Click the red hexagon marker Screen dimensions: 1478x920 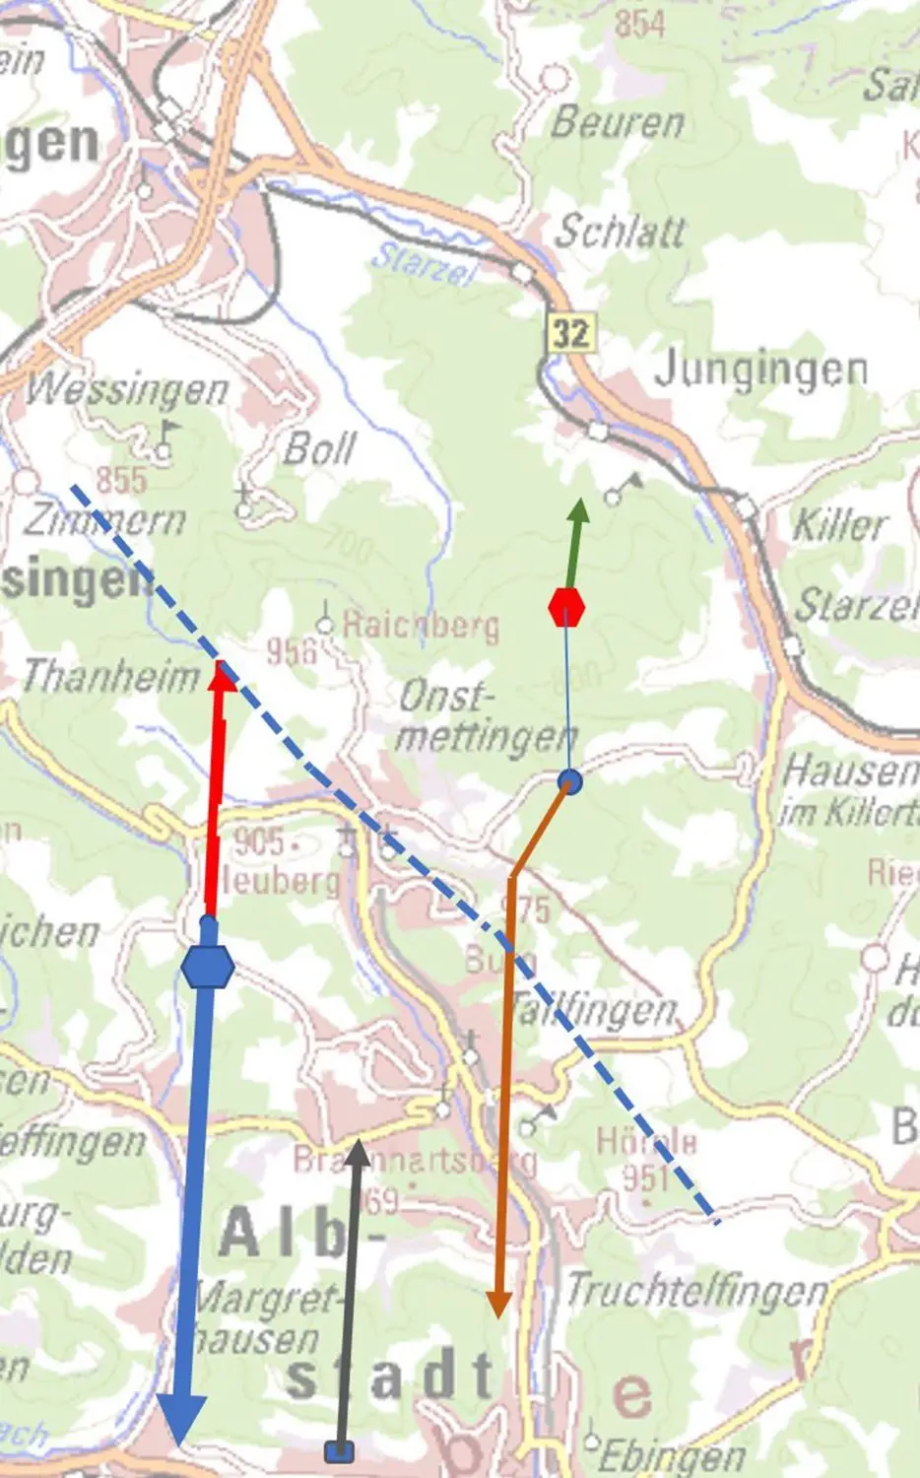[566, 607]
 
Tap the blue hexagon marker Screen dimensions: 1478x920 [208, 967]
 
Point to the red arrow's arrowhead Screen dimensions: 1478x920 [224, 676]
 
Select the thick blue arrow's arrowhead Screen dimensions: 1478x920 [182, 1419]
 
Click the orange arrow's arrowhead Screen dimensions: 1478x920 [498, 1303]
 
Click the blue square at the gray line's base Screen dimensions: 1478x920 [339, 1450]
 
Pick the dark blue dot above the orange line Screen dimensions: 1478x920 [569, 781]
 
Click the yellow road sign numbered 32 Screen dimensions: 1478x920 [570, 332]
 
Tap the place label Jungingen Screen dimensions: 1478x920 [760, 369]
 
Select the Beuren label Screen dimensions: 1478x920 [617, 123]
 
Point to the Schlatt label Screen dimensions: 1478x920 [620, 232]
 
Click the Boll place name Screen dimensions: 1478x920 [318, 449]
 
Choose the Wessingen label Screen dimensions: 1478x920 [127, 390]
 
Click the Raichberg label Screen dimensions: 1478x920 [421, 625]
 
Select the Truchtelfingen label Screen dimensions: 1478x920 [696, 1290]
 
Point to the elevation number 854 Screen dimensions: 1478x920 [639, 23]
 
